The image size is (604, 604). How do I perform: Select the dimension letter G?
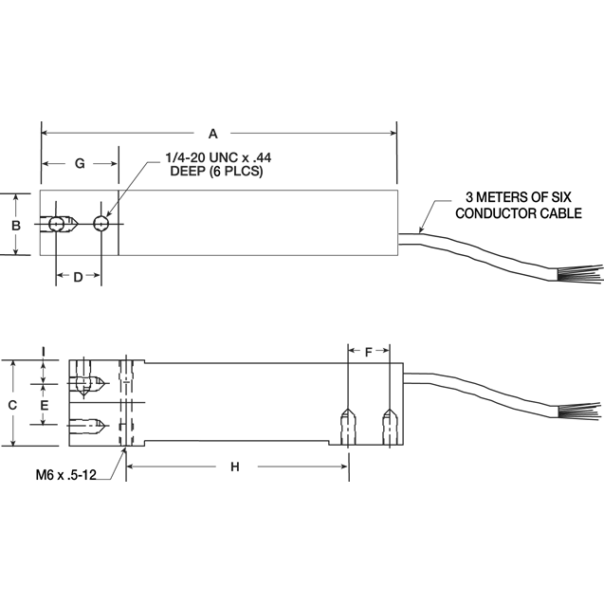point(80,164)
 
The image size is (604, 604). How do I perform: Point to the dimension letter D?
point(80,277)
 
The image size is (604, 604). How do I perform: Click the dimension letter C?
point(12,403)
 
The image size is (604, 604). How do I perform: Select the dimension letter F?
point(369,351)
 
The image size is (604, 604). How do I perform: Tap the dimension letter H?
point(234,467)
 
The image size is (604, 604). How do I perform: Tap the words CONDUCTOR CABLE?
point(519,213)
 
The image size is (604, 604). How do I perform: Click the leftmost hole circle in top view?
point(57,225)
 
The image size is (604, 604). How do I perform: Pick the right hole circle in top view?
point(101,225)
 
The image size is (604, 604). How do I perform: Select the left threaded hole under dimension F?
point(348,422)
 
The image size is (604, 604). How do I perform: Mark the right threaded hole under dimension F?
point(389,422)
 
